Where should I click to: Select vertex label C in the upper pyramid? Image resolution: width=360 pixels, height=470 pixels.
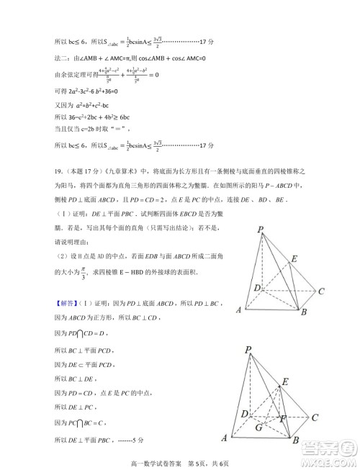[321, 291]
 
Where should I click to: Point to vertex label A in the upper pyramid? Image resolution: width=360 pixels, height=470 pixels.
[238, 310]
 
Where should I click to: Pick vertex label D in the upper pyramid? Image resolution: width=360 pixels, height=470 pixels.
[256, 288]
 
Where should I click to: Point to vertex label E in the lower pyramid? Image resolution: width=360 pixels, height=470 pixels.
[285, 381]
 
